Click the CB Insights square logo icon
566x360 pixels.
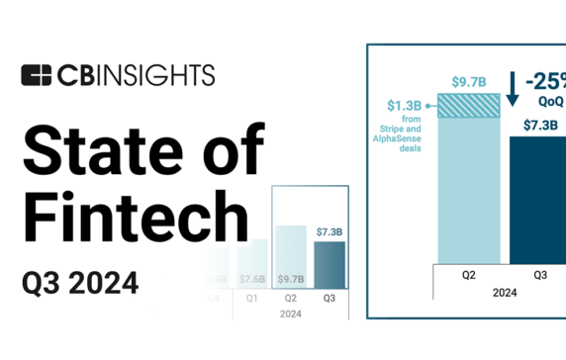click(x=37, y=75)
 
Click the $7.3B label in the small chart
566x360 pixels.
click(x=330, y=231)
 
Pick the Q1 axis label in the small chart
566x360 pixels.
click(x=252, y=296)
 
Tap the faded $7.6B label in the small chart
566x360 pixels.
click(x=252, y=279)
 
